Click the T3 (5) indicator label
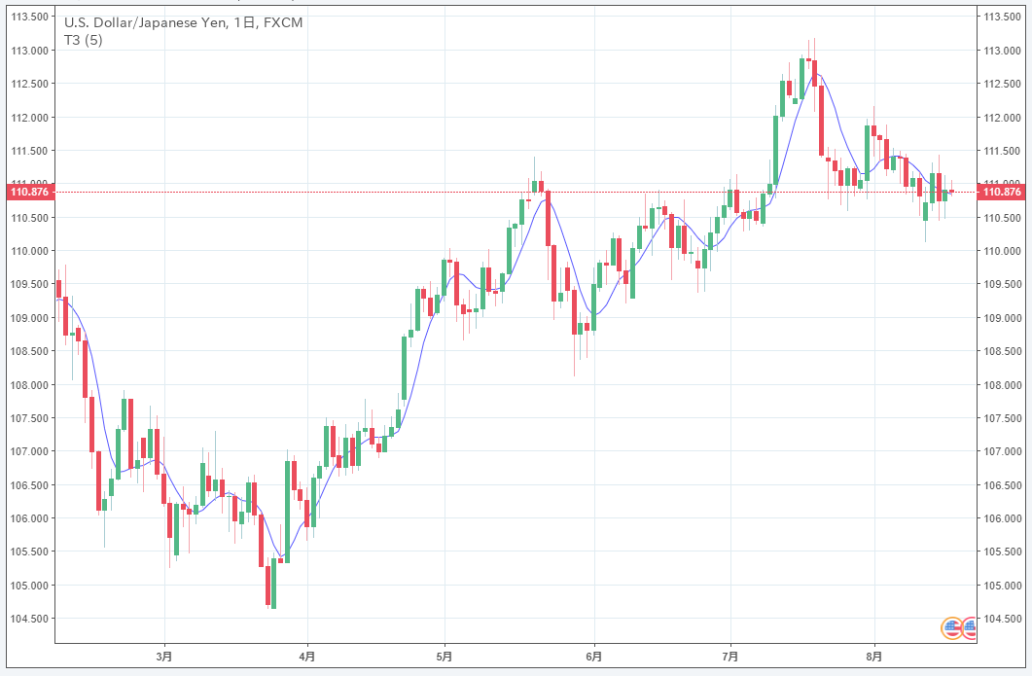point(84,40)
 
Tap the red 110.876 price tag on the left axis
point(29,192)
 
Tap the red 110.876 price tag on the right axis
point(1003,192)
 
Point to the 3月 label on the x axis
point(164,657)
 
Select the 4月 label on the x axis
point(307,657)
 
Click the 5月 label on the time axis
point(445,657)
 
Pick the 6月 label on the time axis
point(595,657)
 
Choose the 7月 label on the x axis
point(730,657)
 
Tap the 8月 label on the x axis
point(874,657)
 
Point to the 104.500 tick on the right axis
point(1004,619)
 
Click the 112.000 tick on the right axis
point(1004,118)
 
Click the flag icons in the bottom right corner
point(959,628)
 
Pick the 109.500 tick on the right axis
point(1004,285)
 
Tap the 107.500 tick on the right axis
point(1004,418)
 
